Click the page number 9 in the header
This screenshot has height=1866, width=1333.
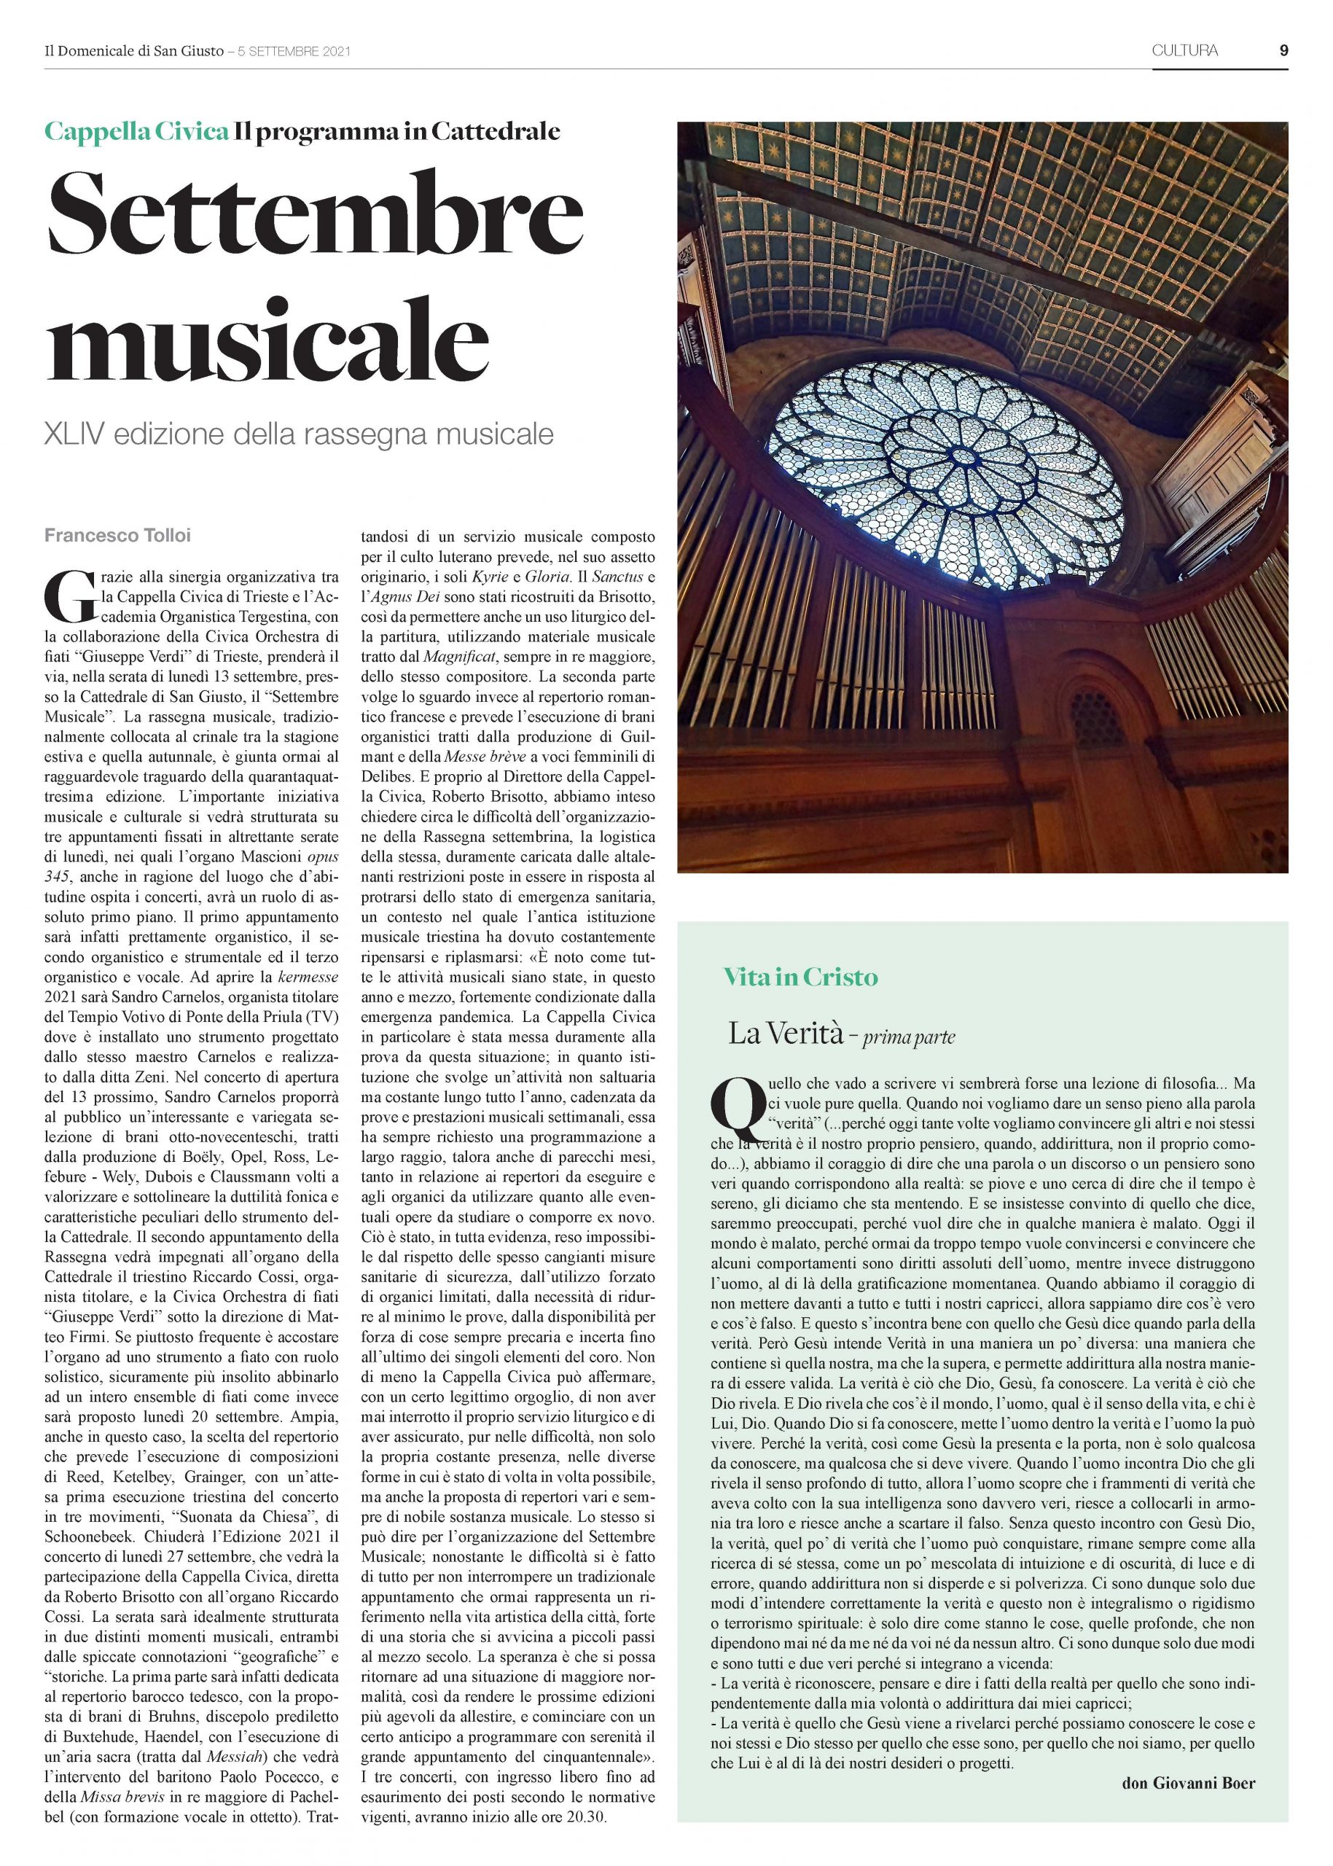[1283, 50]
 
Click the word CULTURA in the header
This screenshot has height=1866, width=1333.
[1184, 50]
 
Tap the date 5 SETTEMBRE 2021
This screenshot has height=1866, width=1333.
[294, 51]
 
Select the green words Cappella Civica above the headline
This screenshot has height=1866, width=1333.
[136, 131]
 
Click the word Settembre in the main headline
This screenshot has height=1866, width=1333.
[314, 213]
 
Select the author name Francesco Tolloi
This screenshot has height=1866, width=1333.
[117, 536]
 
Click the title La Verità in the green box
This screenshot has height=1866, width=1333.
[786, 1034]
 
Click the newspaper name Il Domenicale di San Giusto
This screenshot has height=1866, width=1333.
[134, 51]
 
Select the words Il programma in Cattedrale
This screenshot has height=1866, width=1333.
[396, 131]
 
